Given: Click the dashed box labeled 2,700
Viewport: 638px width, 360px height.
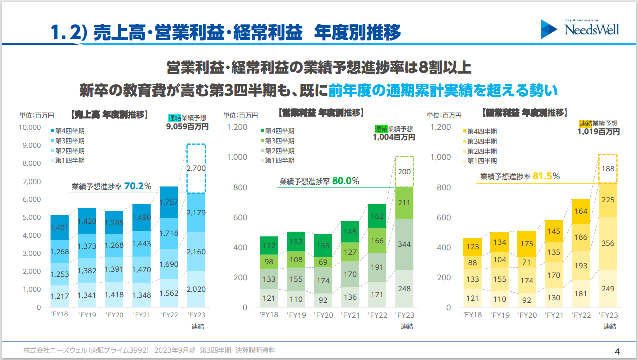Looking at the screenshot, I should (x=196, y=168).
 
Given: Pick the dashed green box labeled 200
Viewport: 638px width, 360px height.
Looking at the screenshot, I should (x=404, y=172).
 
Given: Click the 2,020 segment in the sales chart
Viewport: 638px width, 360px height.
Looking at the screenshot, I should (x=196, y=289).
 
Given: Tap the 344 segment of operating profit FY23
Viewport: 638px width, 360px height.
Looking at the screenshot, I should (x=404, y=244).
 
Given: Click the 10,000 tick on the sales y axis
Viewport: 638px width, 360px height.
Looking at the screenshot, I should (x=30, y=127).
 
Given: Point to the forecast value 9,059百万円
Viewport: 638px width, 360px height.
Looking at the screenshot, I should (x=187, y=127).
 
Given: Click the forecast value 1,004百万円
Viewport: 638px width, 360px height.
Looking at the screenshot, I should (x=394, y=137).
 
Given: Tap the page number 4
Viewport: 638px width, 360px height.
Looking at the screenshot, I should (x=617, y=350).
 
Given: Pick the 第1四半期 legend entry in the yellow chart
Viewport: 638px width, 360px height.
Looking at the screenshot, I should (x=482, y=161).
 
